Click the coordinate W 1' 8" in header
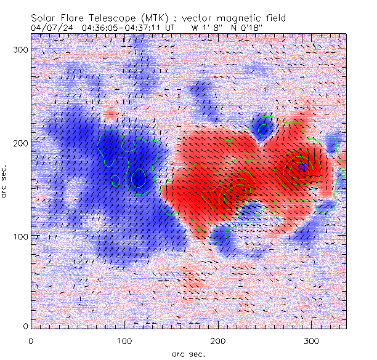[x=208, y=27]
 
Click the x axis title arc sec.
[x=188, y=353]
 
